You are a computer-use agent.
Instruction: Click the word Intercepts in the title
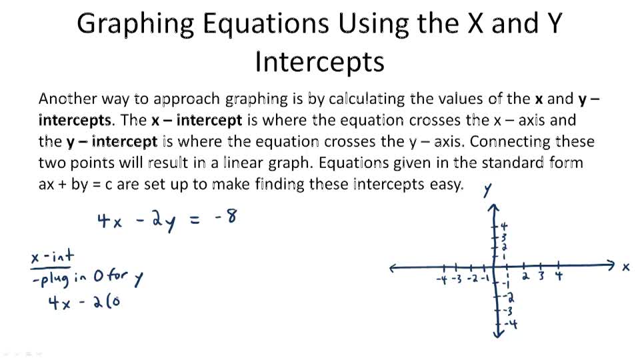click(x=319, y=62)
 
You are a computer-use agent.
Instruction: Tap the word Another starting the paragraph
click(x=67, y=99)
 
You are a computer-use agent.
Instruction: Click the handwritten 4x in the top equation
click(x=109, y=221)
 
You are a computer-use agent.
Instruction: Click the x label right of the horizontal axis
click(x=625, y=267)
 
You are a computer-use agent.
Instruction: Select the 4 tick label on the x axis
click(x=559, y=275)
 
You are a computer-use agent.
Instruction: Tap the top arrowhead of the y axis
click(x=494, y=209)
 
